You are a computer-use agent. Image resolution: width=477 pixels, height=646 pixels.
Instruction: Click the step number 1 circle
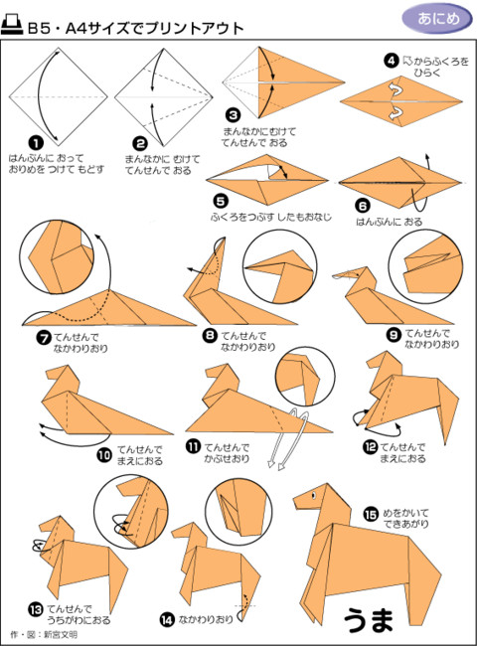(36, 143)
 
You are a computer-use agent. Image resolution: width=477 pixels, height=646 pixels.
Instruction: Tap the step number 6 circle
(363, 205)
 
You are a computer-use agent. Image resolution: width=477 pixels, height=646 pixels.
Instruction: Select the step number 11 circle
(193, 446)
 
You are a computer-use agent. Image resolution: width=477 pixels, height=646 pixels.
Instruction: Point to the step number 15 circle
(371, 514)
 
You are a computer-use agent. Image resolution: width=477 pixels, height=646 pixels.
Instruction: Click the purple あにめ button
(437, 19)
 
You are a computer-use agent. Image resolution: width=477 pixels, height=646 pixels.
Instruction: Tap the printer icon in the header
(12, 25)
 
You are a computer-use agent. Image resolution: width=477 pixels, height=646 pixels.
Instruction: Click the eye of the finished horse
(313, 495)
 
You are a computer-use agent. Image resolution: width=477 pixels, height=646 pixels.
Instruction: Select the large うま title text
(369, 620)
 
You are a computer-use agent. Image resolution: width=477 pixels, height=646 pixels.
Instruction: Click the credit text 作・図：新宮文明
(44, 634)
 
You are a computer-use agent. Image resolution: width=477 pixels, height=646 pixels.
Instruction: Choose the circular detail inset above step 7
(57, 257)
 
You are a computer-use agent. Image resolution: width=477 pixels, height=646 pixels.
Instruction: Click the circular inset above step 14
(238, 506)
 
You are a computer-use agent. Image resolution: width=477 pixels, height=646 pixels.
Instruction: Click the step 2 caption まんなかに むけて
(162, 159)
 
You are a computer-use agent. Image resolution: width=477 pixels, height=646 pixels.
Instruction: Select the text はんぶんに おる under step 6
(390, 222)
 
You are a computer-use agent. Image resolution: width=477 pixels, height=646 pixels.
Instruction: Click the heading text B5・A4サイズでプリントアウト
(135, 28)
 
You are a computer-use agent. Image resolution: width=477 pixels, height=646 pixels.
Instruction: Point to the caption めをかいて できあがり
(406, 518)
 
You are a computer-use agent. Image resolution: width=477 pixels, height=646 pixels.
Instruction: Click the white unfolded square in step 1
(58, 96)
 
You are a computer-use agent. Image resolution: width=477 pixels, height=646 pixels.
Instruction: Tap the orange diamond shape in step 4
(401, 100)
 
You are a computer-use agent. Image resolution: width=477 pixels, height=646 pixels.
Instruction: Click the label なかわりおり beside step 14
(206, 619)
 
